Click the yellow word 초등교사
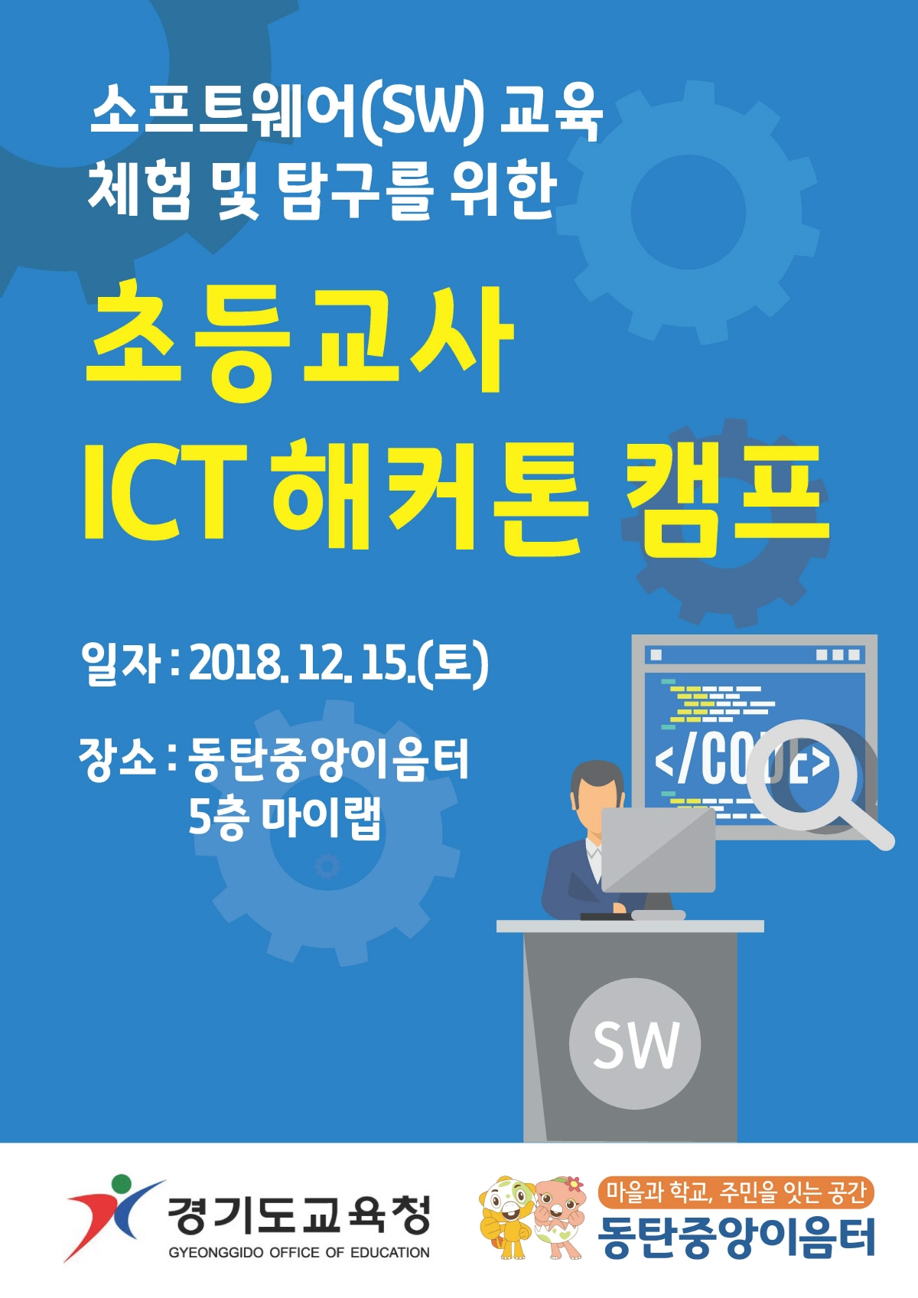(299, 340)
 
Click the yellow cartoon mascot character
(505, 1215)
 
